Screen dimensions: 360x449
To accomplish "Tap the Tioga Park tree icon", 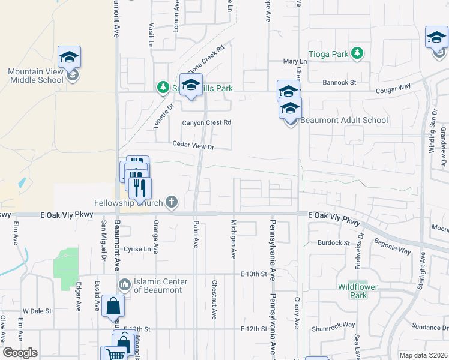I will tap(357, 53).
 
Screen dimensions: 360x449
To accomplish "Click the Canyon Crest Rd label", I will tap(206, 122).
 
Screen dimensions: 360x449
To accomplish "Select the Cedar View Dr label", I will tap(193, 145).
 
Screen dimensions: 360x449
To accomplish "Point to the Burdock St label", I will tap(333, 243).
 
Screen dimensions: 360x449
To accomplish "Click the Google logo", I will tap(20, 353).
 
